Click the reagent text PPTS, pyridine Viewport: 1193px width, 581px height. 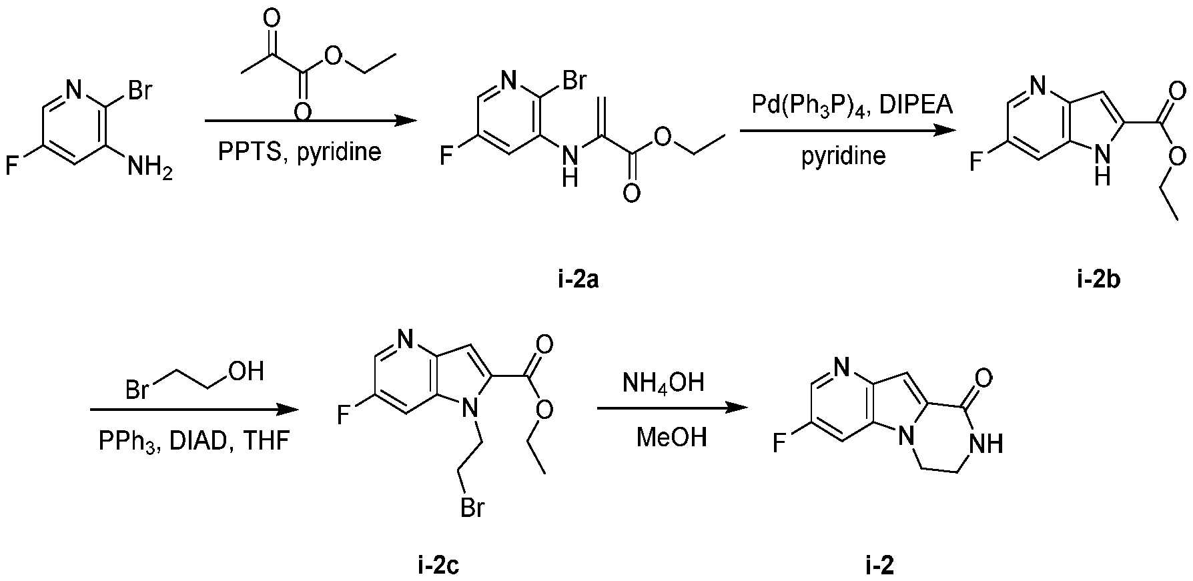[x=300, y=151]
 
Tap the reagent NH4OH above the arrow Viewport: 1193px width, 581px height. [x=663, y=384]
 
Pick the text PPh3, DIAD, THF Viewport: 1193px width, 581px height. [x=194, y=442]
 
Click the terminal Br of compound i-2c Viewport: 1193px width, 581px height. [x=471, y=510]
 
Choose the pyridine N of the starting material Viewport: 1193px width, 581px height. [x=74, y=88]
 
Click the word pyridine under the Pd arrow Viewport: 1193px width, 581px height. [x=844, y=156]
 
